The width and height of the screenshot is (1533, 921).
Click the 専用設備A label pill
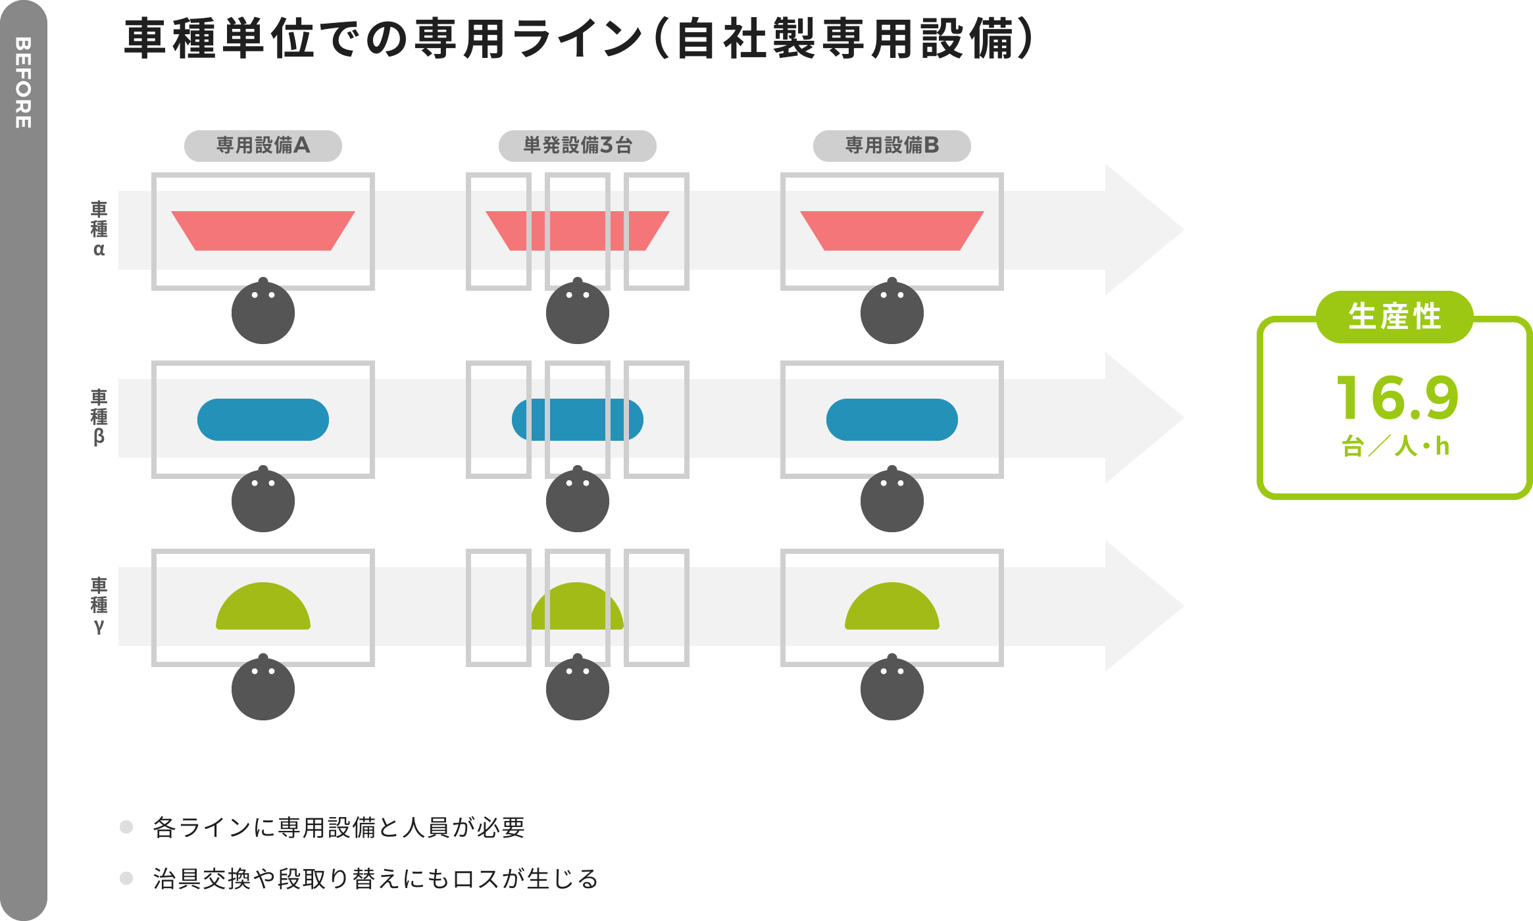(x=263, y=145)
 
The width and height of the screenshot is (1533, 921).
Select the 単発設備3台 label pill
(x=577, y=145)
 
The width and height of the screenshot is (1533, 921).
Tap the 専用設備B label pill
(x=892, y=145)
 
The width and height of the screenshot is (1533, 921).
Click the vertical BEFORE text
(x=23, y=82)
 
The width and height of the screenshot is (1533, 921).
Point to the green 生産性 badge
(x=1394, y=316)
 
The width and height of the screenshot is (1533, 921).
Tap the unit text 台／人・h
(x=1395, y=447)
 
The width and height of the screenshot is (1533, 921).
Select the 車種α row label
(x=99, y=229)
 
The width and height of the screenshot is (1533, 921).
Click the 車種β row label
(x=99, y=417)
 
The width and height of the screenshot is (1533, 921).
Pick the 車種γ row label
(x=99, y=605)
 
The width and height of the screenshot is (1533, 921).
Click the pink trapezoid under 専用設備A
(x=263, y=230)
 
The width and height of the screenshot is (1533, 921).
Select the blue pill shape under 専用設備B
(x=892, y=419)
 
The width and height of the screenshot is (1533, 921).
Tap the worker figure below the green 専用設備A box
(x=263, y=689)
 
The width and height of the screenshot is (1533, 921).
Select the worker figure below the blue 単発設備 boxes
(x=577, y=501)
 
